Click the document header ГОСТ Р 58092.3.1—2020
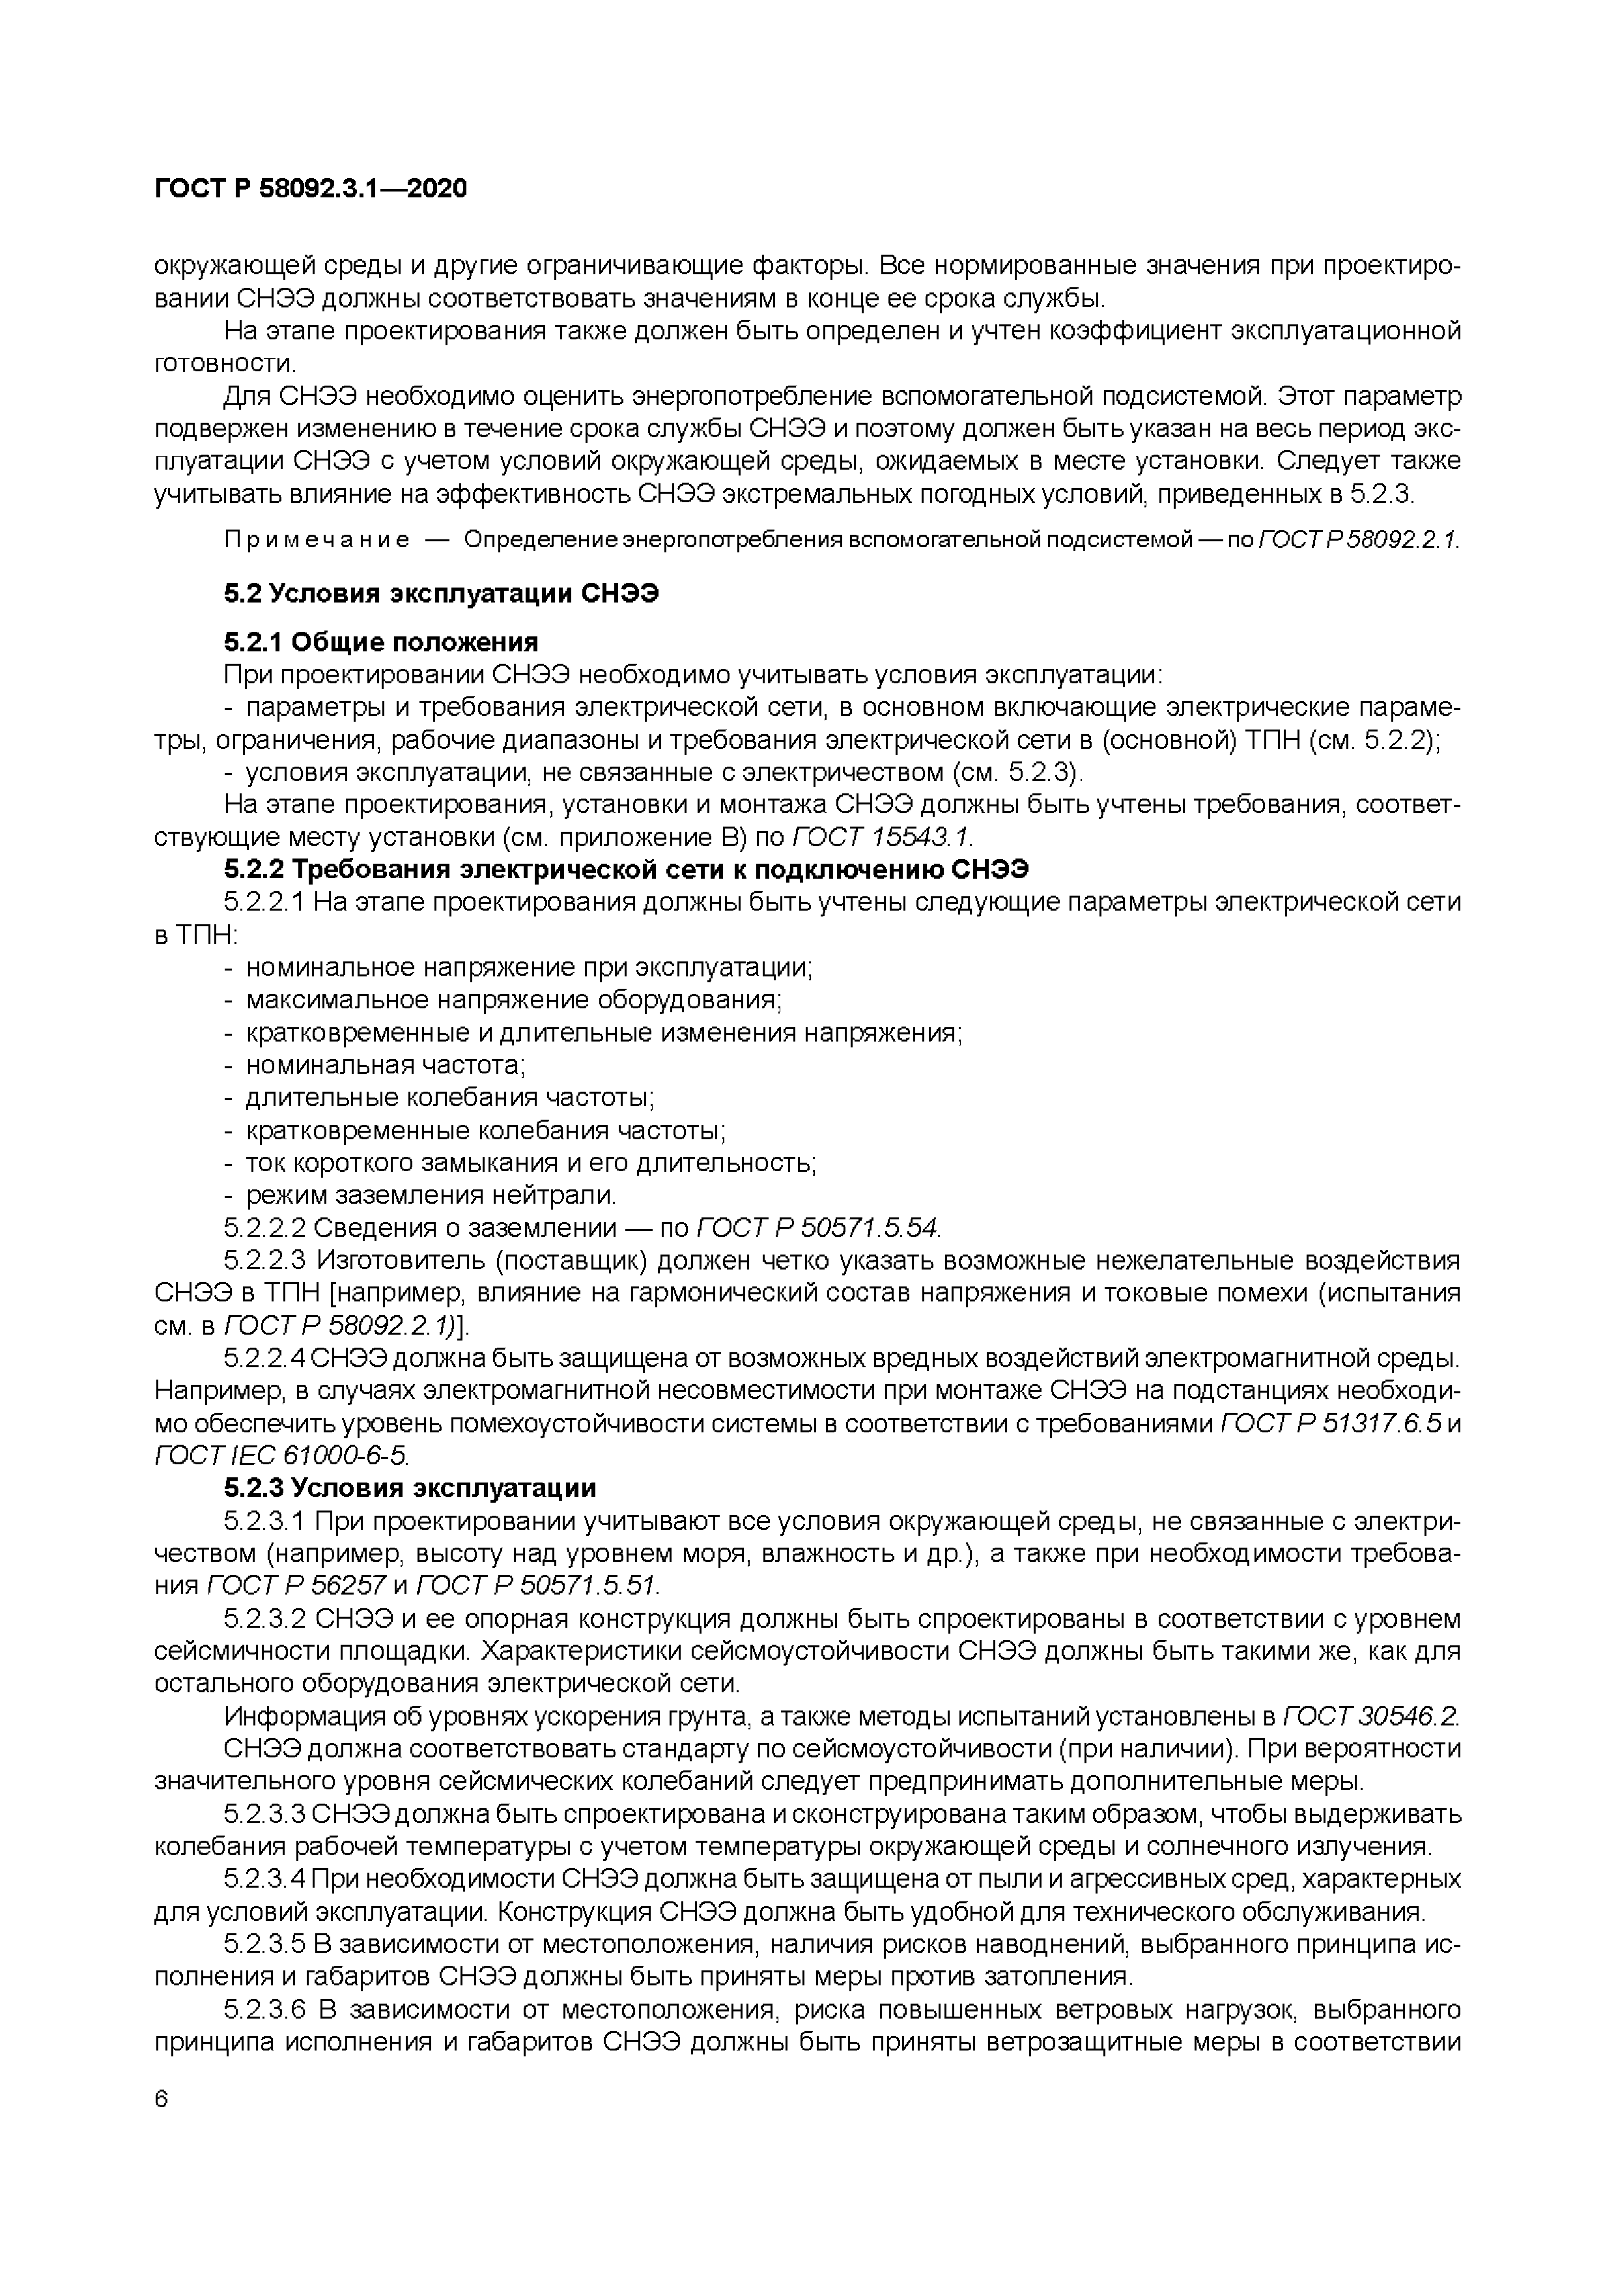pyautogui.click(x=311, y=189)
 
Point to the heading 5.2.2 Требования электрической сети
pyautogui.click(x=626, y=869)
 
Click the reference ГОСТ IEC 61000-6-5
pyautogui.click(x=281, y=1455)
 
